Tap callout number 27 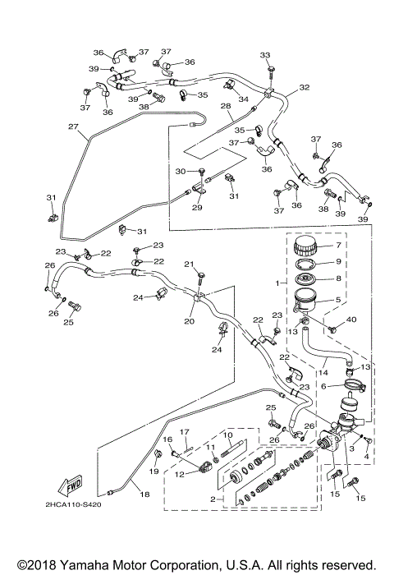[73, 127]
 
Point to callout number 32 [304, 87]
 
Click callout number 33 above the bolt [265, 55]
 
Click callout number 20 [190, 322]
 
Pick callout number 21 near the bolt [188, 264]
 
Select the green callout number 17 [185, 432]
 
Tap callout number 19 [153, 473]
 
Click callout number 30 [181, 171]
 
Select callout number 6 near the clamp [324, 385]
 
